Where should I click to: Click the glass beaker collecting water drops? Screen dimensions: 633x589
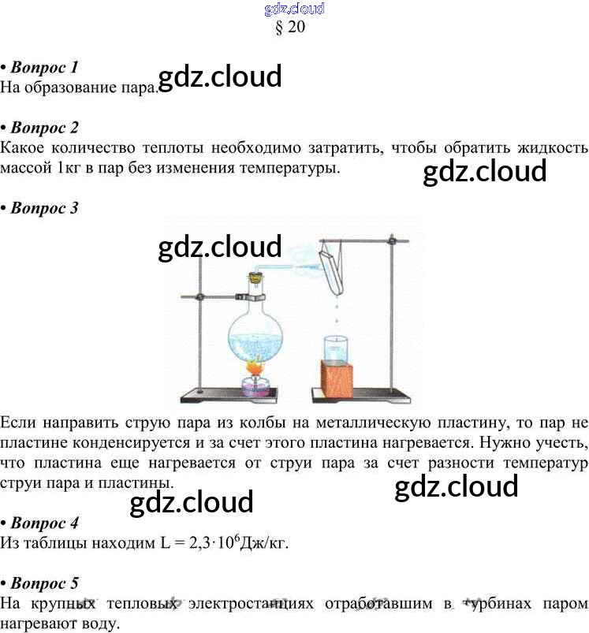[x=336, y=349]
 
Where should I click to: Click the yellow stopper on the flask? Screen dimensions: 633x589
[x=255, y=277]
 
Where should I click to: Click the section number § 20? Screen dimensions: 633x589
[x=289, y=26]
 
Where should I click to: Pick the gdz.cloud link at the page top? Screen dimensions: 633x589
[x=293, y=9]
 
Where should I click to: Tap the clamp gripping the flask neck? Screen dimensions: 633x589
[x=249, y=296]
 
